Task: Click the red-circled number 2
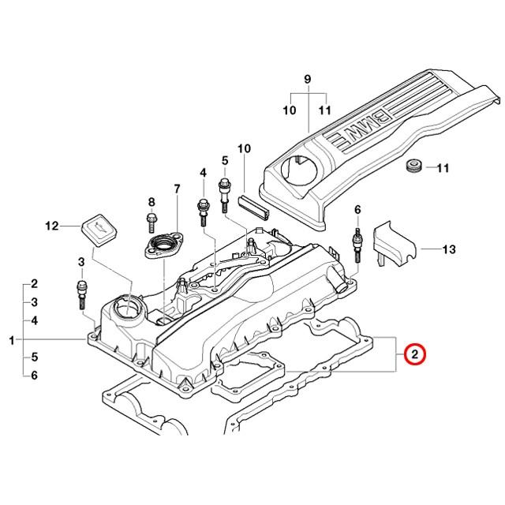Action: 415,354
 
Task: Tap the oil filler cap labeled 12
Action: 99,228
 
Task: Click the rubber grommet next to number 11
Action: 413,166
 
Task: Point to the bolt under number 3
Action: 82,294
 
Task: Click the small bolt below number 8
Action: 151,223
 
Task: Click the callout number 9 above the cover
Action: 308,79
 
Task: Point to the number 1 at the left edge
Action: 12,340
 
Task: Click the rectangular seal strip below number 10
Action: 254,208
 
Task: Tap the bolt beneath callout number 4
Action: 203,212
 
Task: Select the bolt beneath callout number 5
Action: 224,195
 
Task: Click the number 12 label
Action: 52,226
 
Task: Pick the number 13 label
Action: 449,249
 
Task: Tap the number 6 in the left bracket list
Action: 34,376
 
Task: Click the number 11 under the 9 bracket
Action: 325,110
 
